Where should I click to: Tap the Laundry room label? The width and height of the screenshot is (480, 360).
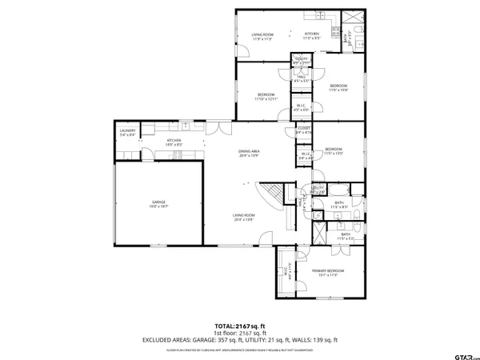(x=127, y=132)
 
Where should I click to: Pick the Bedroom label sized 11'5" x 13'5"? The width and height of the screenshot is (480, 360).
(x=334, y=150)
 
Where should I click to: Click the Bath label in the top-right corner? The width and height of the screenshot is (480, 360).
(x=346, y=36)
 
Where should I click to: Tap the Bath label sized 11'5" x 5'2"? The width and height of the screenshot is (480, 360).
(x=345, y=236)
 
